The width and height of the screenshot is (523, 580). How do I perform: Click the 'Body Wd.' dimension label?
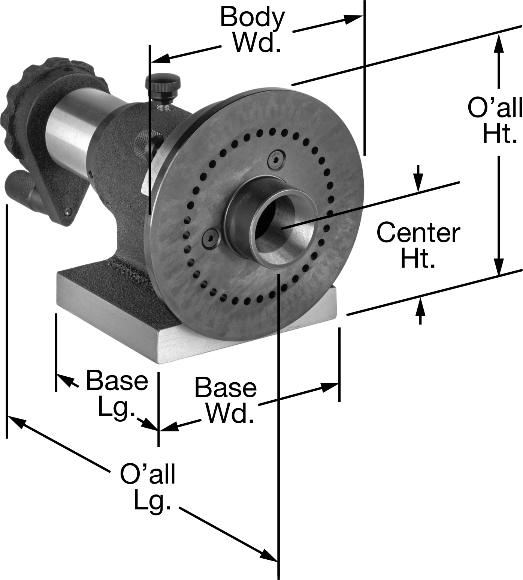click(x=252, y=29)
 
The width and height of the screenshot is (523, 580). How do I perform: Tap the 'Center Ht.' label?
click(x=418, y=245)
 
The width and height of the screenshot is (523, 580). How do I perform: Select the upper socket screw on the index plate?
click(x=276, y=160)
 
